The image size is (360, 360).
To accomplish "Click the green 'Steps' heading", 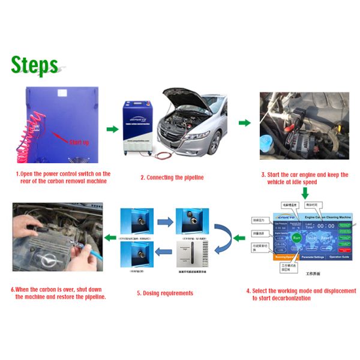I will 34,65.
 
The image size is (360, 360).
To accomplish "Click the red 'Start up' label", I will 80,142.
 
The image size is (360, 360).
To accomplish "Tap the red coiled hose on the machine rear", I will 35,129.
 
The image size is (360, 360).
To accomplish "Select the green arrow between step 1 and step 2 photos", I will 112,129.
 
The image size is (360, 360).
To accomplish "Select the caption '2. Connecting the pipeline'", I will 172,178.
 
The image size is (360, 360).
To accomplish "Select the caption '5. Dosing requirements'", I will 165,293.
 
